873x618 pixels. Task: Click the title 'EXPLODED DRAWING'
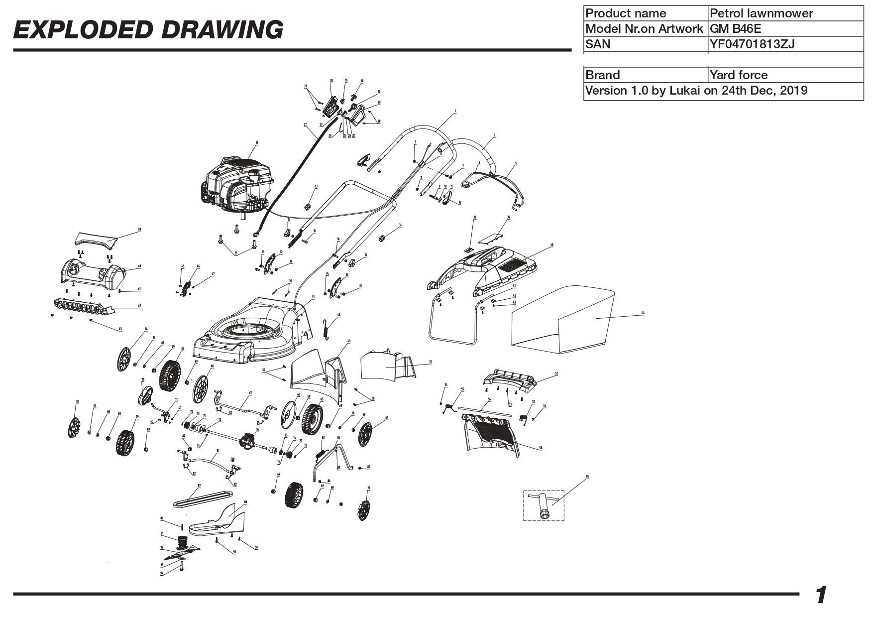click(x=148, y=30)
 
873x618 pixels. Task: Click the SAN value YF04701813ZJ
click(x=752, y=44)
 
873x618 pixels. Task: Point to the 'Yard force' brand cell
click(x=739, y=75)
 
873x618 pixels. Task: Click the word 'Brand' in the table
click(x=603, y=75)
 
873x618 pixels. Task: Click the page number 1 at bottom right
click(x=821, y=595)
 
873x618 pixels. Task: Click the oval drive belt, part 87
click(x=202, y=498)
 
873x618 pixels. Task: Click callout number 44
click(x=643, y=313)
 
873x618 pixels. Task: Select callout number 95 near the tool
click(x=587, y=477)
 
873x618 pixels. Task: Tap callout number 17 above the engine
click(x=257, y=143)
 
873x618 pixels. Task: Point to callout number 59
click(x=139, y=230)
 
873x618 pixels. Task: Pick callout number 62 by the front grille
click(x=139, y=306)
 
